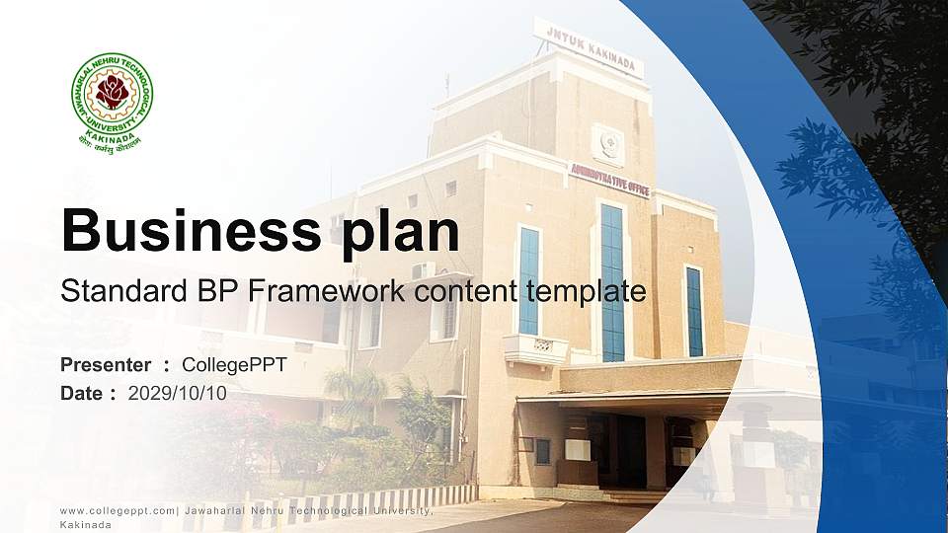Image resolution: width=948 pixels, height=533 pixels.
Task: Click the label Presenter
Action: point(106,365)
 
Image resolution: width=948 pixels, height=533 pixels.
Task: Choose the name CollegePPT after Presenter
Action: point(235,365)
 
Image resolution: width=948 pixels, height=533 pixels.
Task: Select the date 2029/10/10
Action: point(178,393)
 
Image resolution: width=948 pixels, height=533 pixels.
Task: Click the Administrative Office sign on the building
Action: point(609,179)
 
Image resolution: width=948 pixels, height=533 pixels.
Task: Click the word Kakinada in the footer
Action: point(85,525)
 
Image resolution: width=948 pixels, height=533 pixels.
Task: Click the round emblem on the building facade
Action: point(608,144)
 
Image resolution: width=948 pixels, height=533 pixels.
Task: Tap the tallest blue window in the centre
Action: point(612,282)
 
